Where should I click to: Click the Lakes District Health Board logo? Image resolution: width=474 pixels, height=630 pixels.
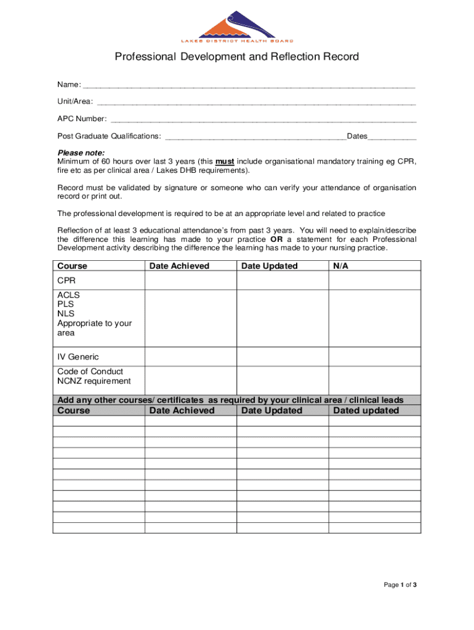click(x=237, y=26)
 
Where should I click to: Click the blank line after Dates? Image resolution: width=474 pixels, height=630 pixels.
click(x=392, y=137)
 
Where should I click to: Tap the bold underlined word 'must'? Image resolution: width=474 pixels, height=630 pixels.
click(x=224, y=161)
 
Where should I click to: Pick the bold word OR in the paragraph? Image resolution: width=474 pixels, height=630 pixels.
click(x=276, y=239)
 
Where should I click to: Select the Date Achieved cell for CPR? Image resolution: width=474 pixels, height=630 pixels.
click(x=191, y=281)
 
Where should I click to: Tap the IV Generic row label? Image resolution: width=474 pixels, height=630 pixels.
click(x=78, y=357)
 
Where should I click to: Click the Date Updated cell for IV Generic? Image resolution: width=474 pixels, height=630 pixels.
click(x=283, y=357)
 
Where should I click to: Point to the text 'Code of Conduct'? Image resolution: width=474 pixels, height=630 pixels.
click(x=90, y=372)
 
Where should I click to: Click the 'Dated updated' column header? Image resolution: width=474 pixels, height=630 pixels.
click(x=366, y=410)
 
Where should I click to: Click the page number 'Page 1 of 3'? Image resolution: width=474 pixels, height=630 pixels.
click(x=401, y=585)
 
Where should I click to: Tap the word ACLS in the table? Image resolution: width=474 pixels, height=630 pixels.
click(x=68, y=295)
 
